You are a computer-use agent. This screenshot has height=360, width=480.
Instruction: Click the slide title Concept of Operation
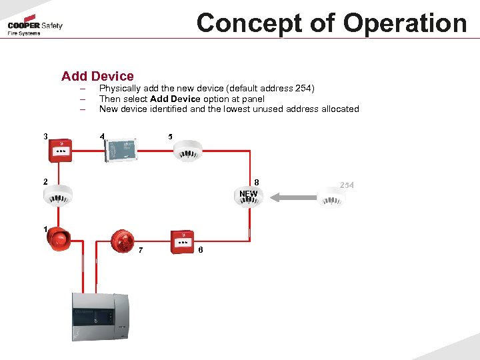tap(331, 23)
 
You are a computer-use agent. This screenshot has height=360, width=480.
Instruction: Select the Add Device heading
tap(97, 76)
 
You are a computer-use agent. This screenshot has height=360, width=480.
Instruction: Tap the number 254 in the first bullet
tap(303, 89)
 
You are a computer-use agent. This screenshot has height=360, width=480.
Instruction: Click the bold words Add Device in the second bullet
tap(175, 99)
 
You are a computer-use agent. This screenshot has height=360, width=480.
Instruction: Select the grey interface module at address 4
tap(121, 148)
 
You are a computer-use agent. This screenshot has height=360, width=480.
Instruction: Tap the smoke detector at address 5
tap(187, 150)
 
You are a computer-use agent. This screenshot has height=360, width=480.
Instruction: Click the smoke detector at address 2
tap(57, 194)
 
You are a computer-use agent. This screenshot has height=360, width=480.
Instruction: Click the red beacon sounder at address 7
tap(123, 241)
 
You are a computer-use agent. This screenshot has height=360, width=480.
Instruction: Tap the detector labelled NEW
tap(249, 198)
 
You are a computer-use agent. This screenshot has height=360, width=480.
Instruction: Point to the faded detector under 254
tap(331, 197)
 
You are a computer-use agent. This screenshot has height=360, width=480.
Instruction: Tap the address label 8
tap(257, 183)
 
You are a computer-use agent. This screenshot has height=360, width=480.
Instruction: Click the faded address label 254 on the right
tap(347, 184)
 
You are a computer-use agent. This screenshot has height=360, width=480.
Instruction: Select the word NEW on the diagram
tap(248, 194)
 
